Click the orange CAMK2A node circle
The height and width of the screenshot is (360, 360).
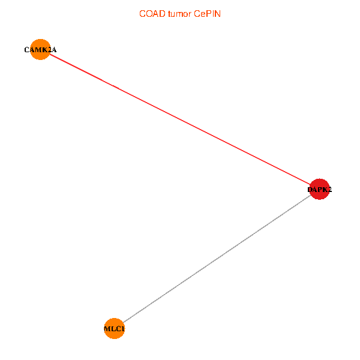click(40, 50)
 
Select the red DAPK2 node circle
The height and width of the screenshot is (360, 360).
click(319, 190)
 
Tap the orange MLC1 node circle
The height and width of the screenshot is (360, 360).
click(114, 329)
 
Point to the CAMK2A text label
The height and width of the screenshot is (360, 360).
click(40, 50)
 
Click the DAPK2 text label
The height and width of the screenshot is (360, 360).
click(319, 190)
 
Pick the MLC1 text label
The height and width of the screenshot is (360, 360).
click(114, 329)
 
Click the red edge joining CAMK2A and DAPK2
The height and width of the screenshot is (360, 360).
click(180, 120)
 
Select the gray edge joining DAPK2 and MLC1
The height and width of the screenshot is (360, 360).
click(217, 259)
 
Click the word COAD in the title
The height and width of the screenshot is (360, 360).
click(150, 14)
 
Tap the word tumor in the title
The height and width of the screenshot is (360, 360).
click(179, 14)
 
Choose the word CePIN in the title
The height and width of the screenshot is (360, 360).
click(208, 14)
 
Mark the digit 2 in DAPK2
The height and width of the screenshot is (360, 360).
click(329, 190)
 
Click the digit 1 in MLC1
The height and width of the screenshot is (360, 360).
click(122, 329)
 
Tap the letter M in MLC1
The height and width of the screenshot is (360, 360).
click(107, 329)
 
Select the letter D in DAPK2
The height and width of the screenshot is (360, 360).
click(310, 190)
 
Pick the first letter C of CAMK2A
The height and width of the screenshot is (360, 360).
click(26, 50)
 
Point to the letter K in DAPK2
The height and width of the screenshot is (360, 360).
click(324, 190)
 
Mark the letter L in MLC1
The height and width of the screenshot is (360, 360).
click(113, 329)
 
